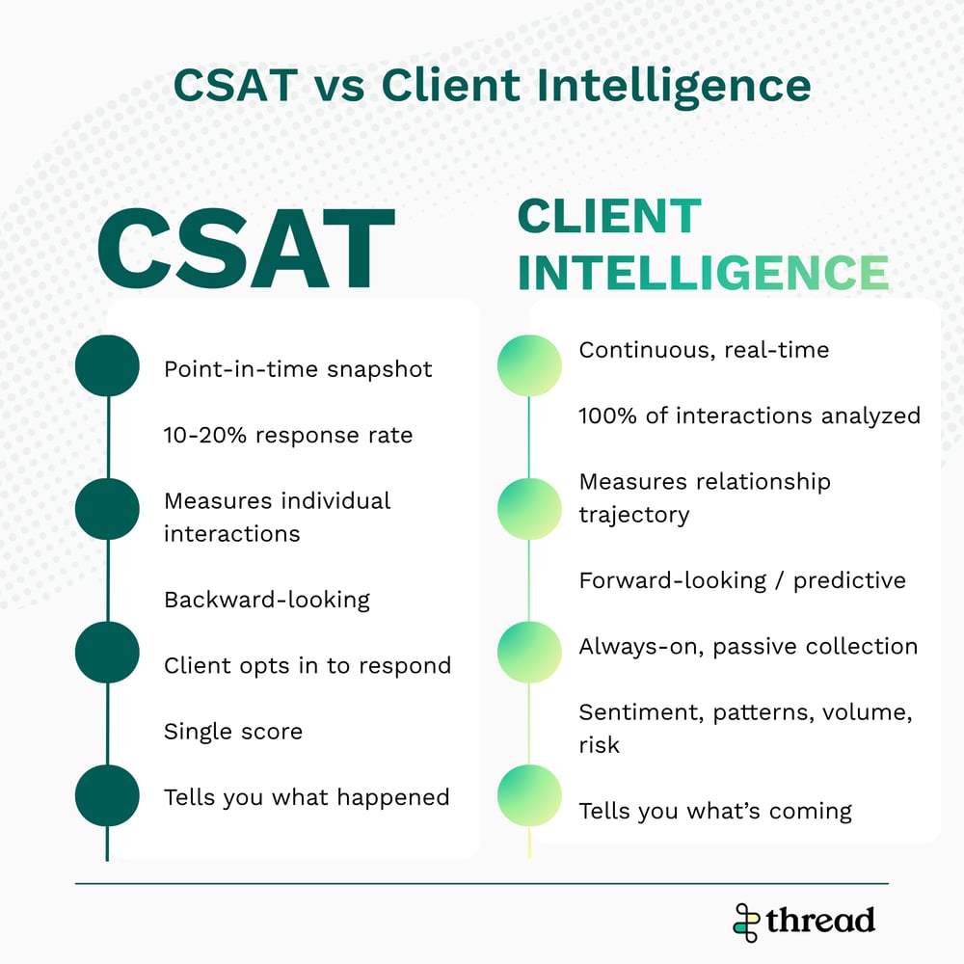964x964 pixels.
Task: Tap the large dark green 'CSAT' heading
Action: pos(246,249)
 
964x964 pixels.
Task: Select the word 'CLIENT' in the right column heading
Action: pos(609,216)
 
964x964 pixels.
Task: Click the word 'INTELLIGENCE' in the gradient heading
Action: pos(704,272)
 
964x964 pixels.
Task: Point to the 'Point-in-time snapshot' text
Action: pos(298,369)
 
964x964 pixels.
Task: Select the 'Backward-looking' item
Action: pos(267,600)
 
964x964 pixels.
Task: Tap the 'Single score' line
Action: pos(233,731)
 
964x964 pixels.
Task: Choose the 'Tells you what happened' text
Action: pos(307,797)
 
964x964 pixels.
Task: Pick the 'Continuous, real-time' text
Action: pos(704,350)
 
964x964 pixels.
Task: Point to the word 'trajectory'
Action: pos(634,515)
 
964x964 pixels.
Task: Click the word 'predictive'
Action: pos(849,580)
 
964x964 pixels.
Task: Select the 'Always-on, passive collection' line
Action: pos(748,646)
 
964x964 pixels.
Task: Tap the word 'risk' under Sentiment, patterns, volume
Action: pos(600,744)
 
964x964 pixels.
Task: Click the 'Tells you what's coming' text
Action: pos(715,811)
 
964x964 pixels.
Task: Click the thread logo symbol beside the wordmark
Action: pos(746,923)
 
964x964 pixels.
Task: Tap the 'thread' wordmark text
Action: pos(820,921)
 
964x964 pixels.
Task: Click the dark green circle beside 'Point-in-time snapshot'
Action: pos(108,365)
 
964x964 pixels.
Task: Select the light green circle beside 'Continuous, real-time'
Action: pos(529,365)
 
